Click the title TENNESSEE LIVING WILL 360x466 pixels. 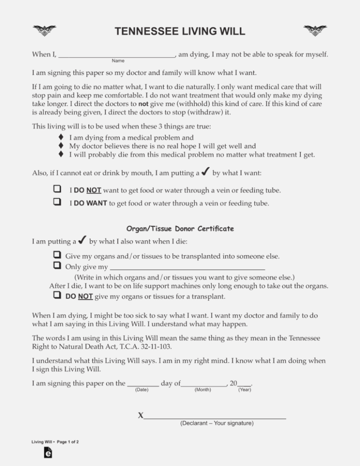pyautogui.click(x=180, y=31)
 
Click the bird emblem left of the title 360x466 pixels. pyautogui.click(x=44, y=31)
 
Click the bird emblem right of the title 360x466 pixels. pyautogui.click(x=315, y=31)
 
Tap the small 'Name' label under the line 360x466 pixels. pyautogui.click(x=118, y=61)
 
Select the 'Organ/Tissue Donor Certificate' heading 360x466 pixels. pyautogui.click(x=180, y=229)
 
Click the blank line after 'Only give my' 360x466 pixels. pyautogui.click(x=187, y=268)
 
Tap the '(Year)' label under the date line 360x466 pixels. pyautogui.click(x=245, y=390)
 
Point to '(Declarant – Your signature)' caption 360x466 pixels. pyautogui.click(x=217, y=423)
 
